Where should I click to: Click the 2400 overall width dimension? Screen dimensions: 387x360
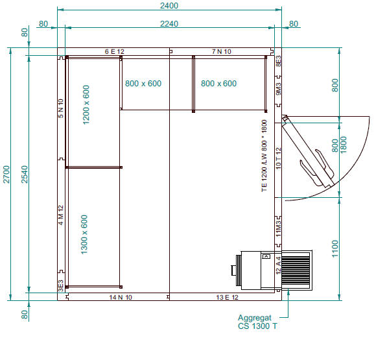[169, 5]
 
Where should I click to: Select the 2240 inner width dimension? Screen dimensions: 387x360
[169, 24]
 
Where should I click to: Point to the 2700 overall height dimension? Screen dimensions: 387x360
[6, 174]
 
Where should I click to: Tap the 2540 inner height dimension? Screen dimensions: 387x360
[25, 174]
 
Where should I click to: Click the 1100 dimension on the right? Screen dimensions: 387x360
[335, 248]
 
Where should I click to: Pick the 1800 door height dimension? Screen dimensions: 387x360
[344, 145]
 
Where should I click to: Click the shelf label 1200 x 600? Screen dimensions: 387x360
[86, 105]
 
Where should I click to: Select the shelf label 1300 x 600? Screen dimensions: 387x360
[84, 235]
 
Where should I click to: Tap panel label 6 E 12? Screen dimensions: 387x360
[115, 52]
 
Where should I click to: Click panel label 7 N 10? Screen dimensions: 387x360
[222, 51]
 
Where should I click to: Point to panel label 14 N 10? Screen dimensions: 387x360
[121, 297]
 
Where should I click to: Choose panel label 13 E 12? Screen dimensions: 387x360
[227, 297]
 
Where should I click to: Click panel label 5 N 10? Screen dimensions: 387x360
[61, 108]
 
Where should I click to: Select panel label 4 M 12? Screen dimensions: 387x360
[61, 215]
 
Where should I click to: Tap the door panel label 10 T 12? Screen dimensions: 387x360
[278, 158]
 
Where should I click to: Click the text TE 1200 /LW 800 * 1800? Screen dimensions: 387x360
[264, 156]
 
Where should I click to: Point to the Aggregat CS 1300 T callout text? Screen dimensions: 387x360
[257, 322]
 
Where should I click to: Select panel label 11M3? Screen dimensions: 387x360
[278, 228]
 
